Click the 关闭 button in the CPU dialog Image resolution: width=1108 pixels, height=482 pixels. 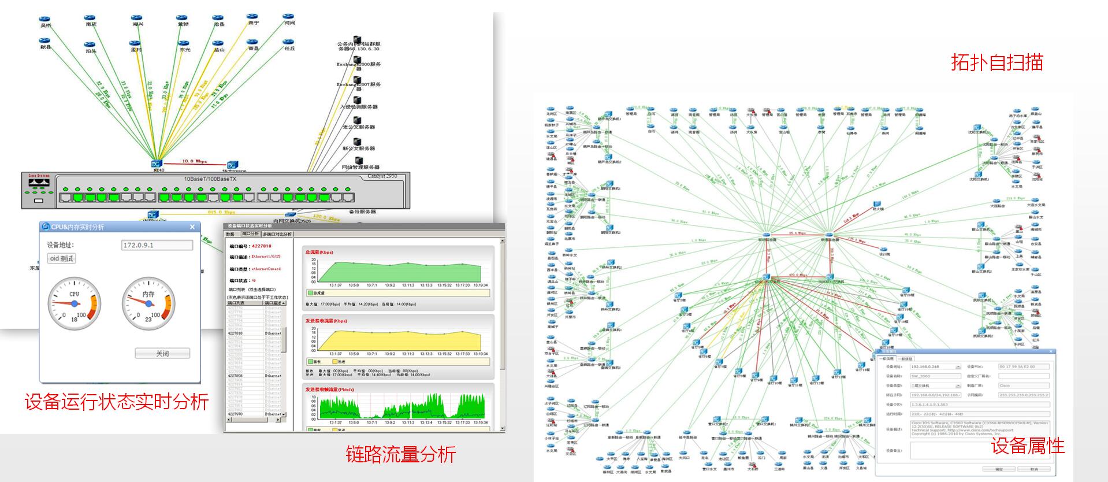point(162,353)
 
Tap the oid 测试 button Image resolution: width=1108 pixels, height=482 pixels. point(61,258)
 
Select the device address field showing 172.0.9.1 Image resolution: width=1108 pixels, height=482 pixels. point(157,245)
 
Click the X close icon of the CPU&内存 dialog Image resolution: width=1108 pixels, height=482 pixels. point(192,227)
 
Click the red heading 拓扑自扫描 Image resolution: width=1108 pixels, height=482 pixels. point(997,62)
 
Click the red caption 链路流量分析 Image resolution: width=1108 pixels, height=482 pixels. point(400,454)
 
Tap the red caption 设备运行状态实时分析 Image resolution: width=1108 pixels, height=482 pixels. point(116,402)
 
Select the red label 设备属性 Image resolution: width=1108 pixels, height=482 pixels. point(1028,446)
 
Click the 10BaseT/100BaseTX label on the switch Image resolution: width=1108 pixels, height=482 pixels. point(210,179)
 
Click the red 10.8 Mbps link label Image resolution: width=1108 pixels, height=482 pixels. point(194,161)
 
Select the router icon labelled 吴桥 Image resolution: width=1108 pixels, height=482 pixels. point(45,20)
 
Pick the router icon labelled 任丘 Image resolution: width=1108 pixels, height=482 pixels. point(288,42)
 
